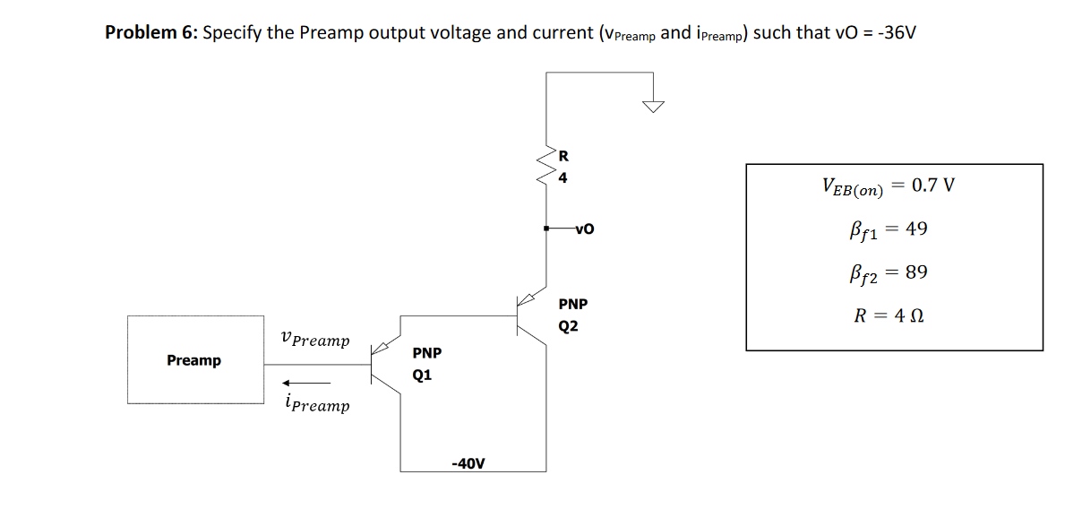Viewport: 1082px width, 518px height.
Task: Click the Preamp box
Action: (x=195, y=359)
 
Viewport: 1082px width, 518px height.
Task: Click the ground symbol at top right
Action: (x=655, y=107)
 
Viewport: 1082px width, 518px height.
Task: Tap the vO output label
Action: (x=583, y=229)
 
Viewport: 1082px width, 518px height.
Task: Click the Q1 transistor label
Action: (x=422, y=375)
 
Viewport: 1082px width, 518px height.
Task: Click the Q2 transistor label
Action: (x=568, y=326)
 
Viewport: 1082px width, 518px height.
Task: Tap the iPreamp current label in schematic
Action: (x=314, y=404)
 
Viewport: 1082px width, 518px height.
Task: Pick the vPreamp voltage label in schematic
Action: (x=314, y=341)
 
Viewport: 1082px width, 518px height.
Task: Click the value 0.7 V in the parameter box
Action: (x=932, y=186)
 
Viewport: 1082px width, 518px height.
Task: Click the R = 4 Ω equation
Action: (x=889, y=315)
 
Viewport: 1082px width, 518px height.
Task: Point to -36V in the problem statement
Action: (x=897, y=33)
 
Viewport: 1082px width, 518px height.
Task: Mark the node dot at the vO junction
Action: (x=546, y=229)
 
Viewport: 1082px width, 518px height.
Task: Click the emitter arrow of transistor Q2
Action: (x=530, y=298)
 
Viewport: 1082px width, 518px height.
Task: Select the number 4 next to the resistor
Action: (x=562, y=177)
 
